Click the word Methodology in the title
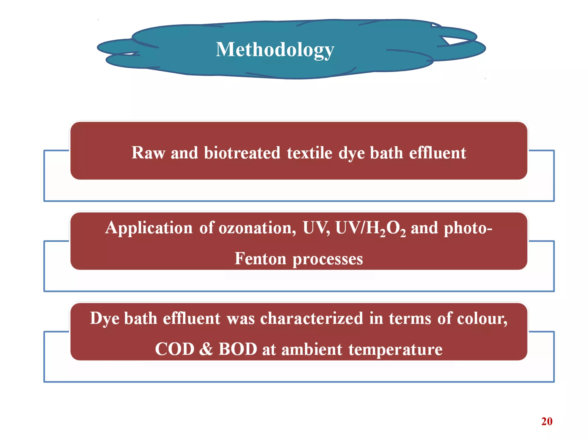click(x=275, y=50)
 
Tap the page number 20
click(x=547, y=421)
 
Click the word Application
click(x=148, y=228)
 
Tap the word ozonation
click(x=257, y=228)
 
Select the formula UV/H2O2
click(x=370, y=229)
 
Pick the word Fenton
click(x=260, y=258)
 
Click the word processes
click(x=328, y=259)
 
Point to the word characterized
click(x=312, y=318)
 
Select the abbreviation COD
click(x=175, y=349)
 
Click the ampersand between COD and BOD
click(x=206, y=349)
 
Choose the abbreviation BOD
click(x=238, y=349)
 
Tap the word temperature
click(x=395, y=350)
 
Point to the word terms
click(x=410, y=318)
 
